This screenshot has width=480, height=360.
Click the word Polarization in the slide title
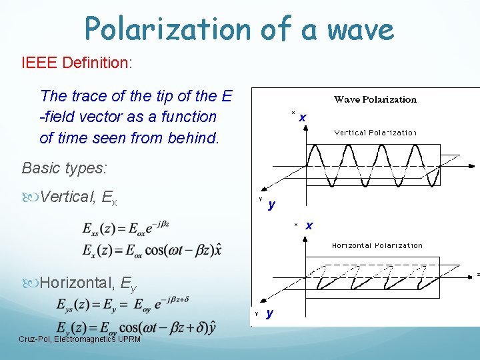point(167,29)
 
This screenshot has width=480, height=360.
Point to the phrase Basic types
point(64,167)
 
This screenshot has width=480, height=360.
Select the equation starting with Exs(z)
point(126,229)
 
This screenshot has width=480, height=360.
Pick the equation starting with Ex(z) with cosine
point(152,250)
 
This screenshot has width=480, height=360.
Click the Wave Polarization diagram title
point(375,100)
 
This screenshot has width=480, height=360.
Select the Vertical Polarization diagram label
point(375,133)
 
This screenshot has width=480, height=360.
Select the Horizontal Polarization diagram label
point(377,245)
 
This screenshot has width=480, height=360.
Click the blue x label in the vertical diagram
point(303,118)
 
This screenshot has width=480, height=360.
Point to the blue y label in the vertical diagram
point(271,204)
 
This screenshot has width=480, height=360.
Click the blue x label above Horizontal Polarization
point(309,226)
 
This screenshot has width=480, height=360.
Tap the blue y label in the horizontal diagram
point(269,313)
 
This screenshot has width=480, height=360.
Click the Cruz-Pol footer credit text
point(79,339)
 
